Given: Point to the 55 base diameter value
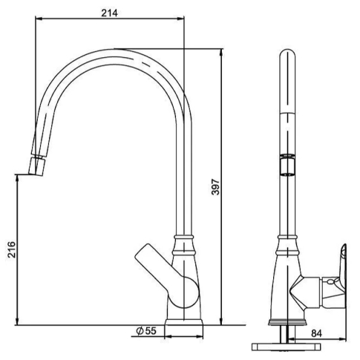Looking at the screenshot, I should pos(150,331).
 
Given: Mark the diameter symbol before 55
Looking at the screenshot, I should pos(139,331).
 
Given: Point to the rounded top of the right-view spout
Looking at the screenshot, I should pos(286,55).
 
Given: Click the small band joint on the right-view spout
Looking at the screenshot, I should pos(286,165).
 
